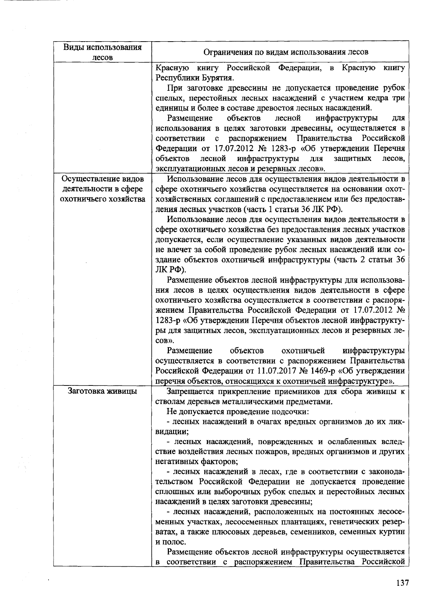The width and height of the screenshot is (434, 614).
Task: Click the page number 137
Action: tap(402, 583)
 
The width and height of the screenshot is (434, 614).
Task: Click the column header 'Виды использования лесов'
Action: tap(102, 52)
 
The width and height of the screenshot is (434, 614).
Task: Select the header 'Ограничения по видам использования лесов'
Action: tap(286, 52)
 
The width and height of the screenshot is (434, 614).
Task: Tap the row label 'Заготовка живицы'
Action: tap(102, 391)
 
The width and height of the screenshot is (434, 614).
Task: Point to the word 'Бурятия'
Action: tap(219, 78)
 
